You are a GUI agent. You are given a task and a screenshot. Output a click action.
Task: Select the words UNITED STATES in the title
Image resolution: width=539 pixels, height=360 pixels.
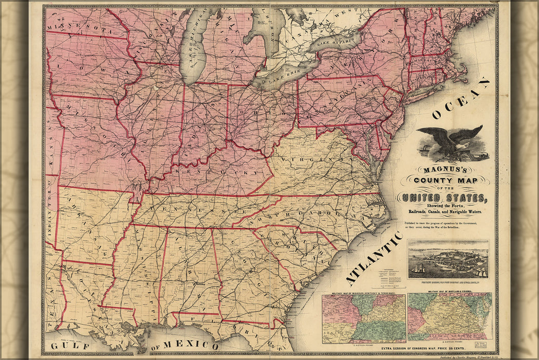pyautogui.click(x=442, y=197)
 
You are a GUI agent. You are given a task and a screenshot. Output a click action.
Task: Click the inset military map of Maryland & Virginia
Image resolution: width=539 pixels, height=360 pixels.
pyautogui.click(x=450, y=316)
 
